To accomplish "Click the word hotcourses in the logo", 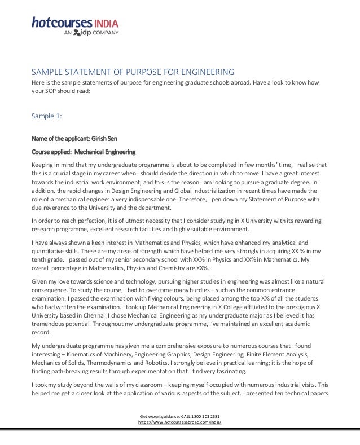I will [x=61, y=23].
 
